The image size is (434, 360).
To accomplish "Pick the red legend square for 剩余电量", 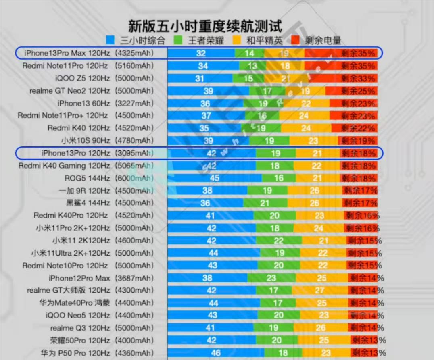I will (296, 40).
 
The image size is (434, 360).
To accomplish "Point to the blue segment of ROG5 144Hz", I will (215, 178).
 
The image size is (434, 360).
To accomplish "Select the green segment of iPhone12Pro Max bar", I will (271, 278).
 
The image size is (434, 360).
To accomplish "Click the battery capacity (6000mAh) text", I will (135, 178).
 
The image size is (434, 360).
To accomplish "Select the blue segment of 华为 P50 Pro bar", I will (215, 353).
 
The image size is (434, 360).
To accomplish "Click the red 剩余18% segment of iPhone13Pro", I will (358, 153).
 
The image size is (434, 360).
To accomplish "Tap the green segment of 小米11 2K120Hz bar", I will (278, 241).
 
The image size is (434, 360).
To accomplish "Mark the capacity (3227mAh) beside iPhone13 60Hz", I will (135, 103).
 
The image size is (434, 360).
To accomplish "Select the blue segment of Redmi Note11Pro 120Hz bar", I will (203, 66).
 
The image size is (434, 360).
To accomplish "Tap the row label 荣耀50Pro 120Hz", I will (80, 340).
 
